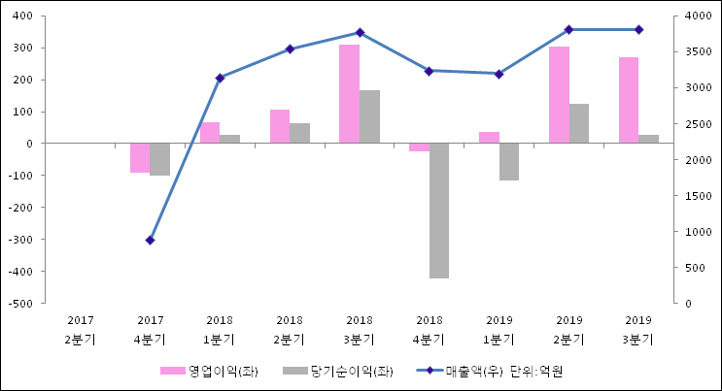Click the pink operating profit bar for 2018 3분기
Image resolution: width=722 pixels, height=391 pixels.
coord(349,94)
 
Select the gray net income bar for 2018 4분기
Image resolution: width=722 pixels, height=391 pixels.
coord(439,211)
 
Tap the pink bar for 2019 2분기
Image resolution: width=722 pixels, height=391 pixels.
coord(559,95)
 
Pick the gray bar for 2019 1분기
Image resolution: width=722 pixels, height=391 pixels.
coord(509,162)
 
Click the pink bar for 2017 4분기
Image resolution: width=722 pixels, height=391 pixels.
coord(140,158)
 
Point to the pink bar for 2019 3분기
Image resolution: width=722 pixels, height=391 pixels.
coord(629,100)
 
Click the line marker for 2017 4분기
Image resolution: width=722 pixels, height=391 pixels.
coord(150,240)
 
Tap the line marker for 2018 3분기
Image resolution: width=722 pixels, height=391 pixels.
coord(360,33)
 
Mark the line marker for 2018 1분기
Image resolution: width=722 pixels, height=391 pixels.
coord(220,78)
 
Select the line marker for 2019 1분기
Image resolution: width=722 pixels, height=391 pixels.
coord(499,74)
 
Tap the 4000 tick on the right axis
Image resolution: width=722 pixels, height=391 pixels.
coord(696,16)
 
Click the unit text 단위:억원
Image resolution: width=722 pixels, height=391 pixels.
coord(535,371)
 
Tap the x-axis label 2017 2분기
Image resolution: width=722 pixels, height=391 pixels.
coord(80,329)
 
